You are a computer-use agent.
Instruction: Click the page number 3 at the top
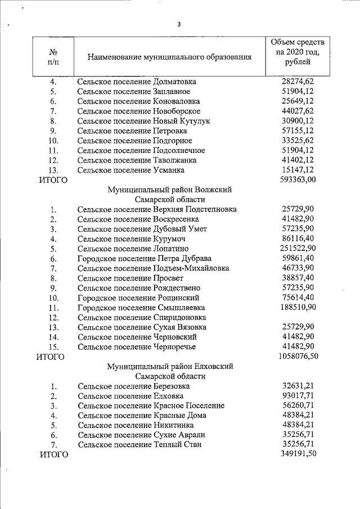(x=178, y=24)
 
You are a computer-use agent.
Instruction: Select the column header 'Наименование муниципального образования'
(x=169, y=57)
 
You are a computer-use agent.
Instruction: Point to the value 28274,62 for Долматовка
(x=298, y=82)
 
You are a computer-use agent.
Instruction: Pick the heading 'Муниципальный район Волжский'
(x=169, y=190)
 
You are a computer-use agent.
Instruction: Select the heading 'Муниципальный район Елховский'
(x=169, y=366)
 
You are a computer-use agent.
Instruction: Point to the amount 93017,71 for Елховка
(x=298, y=396)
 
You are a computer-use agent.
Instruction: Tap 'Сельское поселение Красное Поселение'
(x=151, y=406)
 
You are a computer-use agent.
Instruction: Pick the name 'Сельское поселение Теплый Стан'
(x=141, y=445)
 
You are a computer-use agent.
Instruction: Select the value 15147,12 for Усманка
(x=298, y=170)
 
